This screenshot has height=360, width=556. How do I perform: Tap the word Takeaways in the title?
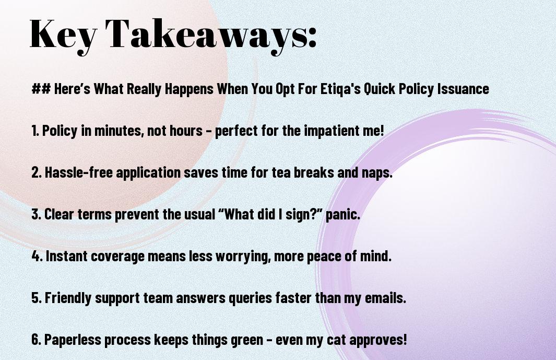pos(206,35)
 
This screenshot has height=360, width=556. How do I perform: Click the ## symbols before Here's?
pos(41,88)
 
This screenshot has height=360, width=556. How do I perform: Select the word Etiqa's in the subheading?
pos(340,89)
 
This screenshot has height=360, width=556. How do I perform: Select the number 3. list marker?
pos(36,214)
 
